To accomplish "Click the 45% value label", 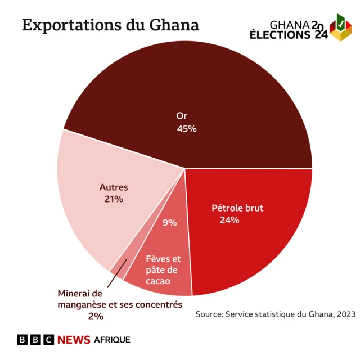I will tap(187, 129).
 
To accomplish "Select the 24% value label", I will tap(229, 220).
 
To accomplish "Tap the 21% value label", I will tap(114, 199).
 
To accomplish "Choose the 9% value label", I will tap(169, 223).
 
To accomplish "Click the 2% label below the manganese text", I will tap(96, 317).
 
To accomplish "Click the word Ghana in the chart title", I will tap(174, 25).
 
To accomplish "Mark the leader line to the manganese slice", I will tap(115, 274).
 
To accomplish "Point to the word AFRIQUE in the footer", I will tap(112, 340).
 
